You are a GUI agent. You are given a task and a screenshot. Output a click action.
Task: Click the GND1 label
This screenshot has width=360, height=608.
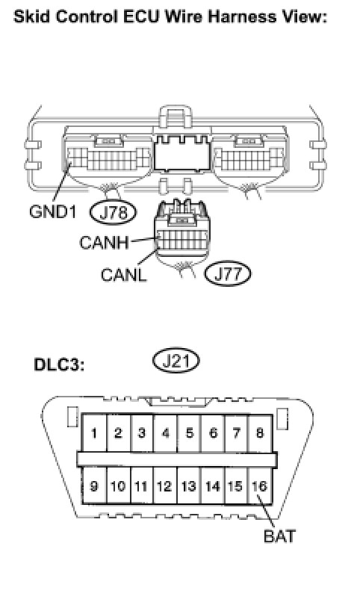click(x=53, y=211)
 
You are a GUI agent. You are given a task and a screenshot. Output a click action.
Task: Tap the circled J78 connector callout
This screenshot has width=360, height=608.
click(x=114, y=212)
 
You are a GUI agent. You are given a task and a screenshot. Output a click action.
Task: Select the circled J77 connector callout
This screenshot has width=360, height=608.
click(x=228, y=273)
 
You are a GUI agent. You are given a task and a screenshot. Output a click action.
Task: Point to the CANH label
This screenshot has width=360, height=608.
click(x=104, y=243)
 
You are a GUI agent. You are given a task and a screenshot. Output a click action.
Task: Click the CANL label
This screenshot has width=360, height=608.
click(x=124, y=275)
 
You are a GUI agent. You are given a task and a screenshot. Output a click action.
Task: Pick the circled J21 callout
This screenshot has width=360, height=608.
click(x=176, y=361)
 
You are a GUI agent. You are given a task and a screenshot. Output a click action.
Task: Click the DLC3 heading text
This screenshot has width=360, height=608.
click(x=59, y=365)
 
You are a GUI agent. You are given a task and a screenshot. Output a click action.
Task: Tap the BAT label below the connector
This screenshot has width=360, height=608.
click(x=279, y=536)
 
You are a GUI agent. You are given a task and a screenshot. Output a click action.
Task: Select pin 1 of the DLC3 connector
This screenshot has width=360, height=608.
click(x=94, y=432)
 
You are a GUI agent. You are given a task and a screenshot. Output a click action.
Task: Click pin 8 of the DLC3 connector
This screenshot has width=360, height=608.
click(x=260, y=432)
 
